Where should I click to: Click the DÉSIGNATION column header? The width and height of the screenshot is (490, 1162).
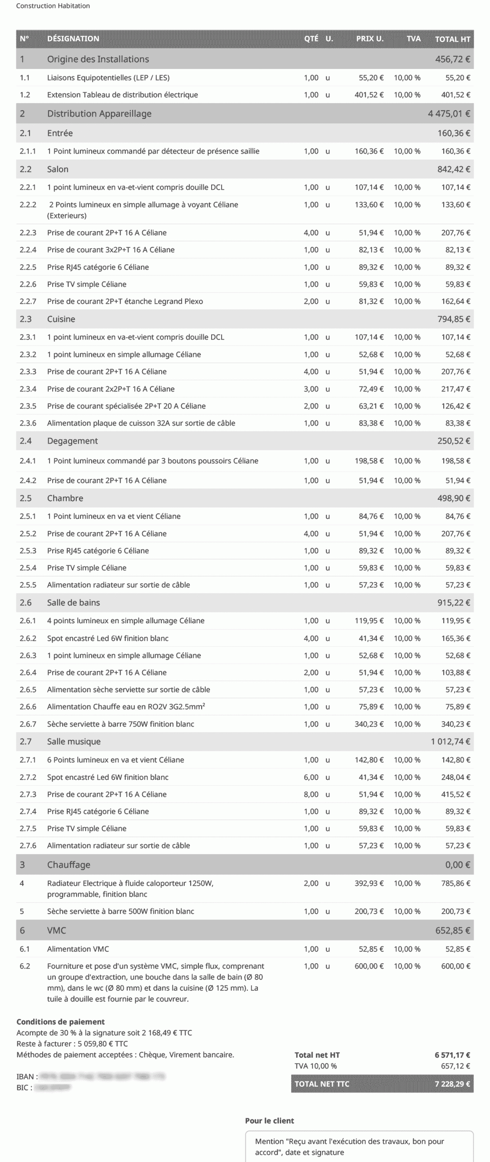click(73, 39)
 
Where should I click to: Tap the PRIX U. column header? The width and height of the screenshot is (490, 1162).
click(370, 39)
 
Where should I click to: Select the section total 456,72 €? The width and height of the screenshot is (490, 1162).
click(452, 59)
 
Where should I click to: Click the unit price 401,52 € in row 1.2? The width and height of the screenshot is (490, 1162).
click(369, 95)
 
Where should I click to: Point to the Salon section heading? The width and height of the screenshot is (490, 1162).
click(58, 169)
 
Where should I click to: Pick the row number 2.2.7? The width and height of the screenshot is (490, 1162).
click(28, 301)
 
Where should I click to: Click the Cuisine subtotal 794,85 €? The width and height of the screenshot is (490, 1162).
click(454, 319)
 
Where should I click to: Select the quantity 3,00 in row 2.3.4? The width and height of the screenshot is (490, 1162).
click(311, 389)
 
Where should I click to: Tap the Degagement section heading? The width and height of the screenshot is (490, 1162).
click(72, 441)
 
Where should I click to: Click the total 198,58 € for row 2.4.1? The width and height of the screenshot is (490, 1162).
click(455, 461)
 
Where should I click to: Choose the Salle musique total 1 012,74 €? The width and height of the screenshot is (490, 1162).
click(450, 742)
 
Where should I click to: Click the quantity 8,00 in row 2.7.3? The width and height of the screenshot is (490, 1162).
click(311, 794)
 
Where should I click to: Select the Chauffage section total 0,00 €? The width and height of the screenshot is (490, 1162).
click(457, 865)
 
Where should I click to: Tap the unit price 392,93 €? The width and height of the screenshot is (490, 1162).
click(369, 883)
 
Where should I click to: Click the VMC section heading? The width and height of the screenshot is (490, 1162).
click(57, 931)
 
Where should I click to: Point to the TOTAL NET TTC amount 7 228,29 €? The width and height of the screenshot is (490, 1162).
click(452, 1084)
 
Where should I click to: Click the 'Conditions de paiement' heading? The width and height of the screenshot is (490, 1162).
click(60, 1022)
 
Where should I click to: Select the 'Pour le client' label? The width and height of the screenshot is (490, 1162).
click(269, 1121)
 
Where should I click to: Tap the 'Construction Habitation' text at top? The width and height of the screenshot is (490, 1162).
click(53, 6)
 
